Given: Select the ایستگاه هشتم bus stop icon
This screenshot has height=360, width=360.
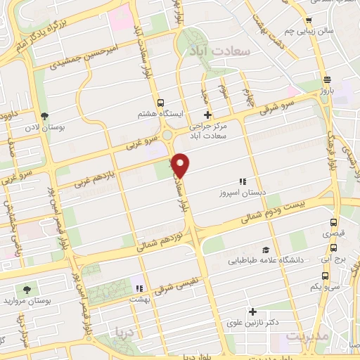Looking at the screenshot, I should click(161, 102).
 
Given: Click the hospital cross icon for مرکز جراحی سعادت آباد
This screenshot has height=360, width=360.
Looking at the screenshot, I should click(207, 115).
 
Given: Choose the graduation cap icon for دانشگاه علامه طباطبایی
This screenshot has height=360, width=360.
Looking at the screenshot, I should click(266, 250).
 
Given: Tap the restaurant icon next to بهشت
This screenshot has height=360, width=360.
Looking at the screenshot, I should click(139, 288).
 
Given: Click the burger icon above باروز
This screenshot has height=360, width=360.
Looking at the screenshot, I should click(327, 79).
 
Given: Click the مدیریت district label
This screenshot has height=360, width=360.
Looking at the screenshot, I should click(309, 337).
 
